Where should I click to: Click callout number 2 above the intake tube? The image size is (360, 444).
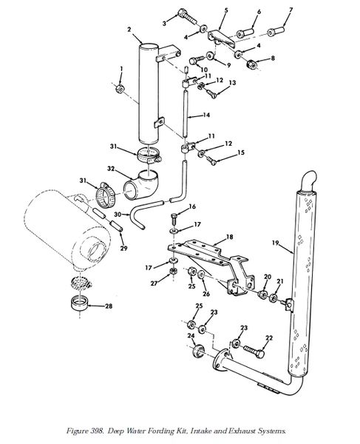129,30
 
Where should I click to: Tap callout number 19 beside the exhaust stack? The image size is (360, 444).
275,243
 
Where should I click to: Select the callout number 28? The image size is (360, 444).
109,306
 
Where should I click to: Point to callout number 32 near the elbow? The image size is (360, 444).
111,169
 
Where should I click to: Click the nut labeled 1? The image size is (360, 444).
120,89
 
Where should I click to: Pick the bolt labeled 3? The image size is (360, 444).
188,16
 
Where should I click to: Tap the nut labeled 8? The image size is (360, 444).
251,64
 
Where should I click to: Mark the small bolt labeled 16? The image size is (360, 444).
174,219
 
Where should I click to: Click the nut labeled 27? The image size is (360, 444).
174,271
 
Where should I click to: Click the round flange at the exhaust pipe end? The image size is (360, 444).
221,360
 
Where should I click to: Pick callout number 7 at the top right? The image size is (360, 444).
291,10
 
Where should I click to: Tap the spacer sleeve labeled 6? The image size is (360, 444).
245,33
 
